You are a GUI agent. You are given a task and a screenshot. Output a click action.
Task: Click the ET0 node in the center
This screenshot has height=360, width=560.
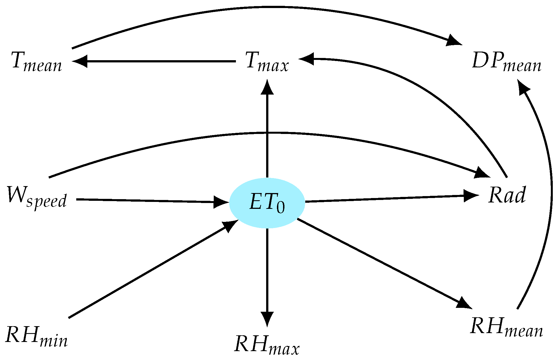[x=267, y=203]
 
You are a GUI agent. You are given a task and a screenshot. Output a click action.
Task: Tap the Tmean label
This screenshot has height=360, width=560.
[x=37, y=62]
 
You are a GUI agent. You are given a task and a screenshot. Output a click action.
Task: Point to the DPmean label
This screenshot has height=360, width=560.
[x=506, y=62]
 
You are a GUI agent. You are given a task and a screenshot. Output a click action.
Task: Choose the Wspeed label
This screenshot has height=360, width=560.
[x=37, y=196]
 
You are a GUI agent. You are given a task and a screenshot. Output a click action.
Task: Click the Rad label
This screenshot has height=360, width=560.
[x=507, y=195]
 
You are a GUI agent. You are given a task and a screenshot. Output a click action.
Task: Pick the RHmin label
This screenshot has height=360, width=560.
[x=36, y=336]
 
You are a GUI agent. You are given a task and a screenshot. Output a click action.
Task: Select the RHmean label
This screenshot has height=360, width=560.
[x=506, y=327]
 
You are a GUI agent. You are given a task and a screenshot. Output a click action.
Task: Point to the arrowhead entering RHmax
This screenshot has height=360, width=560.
[x=267, y=319]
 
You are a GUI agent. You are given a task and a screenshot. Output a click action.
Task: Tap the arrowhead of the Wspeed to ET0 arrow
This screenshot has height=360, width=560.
[x=221, y=202]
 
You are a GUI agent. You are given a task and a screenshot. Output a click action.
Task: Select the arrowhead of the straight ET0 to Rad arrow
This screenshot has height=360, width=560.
[x=472, y=195]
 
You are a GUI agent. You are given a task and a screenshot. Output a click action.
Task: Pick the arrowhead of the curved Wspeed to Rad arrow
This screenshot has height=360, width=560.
[x=483, y=173]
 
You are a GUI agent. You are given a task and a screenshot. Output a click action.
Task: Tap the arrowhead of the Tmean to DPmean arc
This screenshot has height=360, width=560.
[x=454, y=40]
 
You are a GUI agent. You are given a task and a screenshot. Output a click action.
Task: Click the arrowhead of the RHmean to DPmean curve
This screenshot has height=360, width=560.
[x=523, y=87]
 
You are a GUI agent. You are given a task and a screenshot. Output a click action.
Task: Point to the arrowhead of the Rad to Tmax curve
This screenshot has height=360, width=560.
[x=306, y=59]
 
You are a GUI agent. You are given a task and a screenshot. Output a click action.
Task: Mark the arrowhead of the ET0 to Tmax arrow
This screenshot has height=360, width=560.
[x=267, y=87]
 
